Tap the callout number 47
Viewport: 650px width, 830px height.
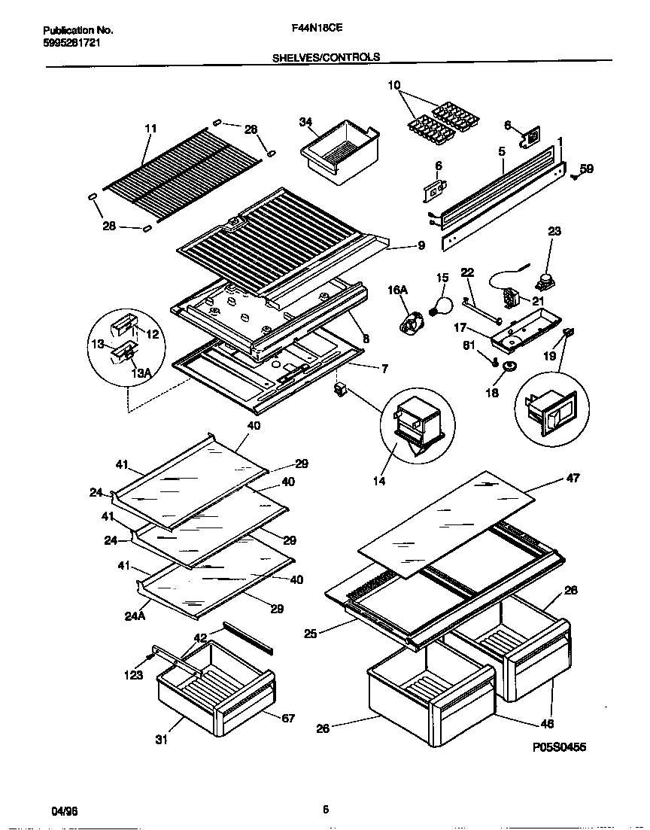click(572, 478)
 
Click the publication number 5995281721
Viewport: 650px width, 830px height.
click(72, 43)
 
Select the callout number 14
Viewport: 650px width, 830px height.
click(379, 481)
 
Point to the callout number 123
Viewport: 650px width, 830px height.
click(133, 675)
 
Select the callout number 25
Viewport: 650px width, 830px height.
click(310, 634)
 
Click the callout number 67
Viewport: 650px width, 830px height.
click(288, 719)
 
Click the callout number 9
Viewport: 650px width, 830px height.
click(421, 245)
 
